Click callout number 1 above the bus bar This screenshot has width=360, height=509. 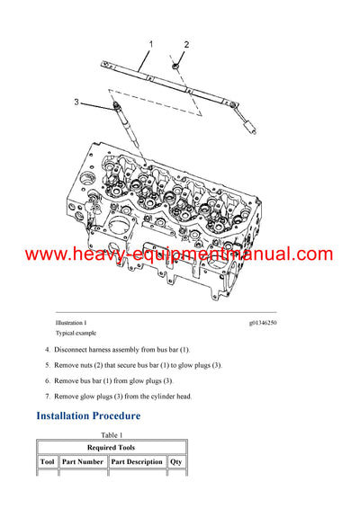150,43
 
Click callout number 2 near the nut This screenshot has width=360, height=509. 186,45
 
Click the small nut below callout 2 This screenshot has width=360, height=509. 176,64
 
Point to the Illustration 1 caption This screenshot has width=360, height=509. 72,323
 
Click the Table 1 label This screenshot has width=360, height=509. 112,434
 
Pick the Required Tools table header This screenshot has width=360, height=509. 112,447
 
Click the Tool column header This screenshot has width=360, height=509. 49,462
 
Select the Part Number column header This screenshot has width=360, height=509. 84,462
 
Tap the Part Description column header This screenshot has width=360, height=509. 138,462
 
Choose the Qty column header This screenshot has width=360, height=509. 176,462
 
